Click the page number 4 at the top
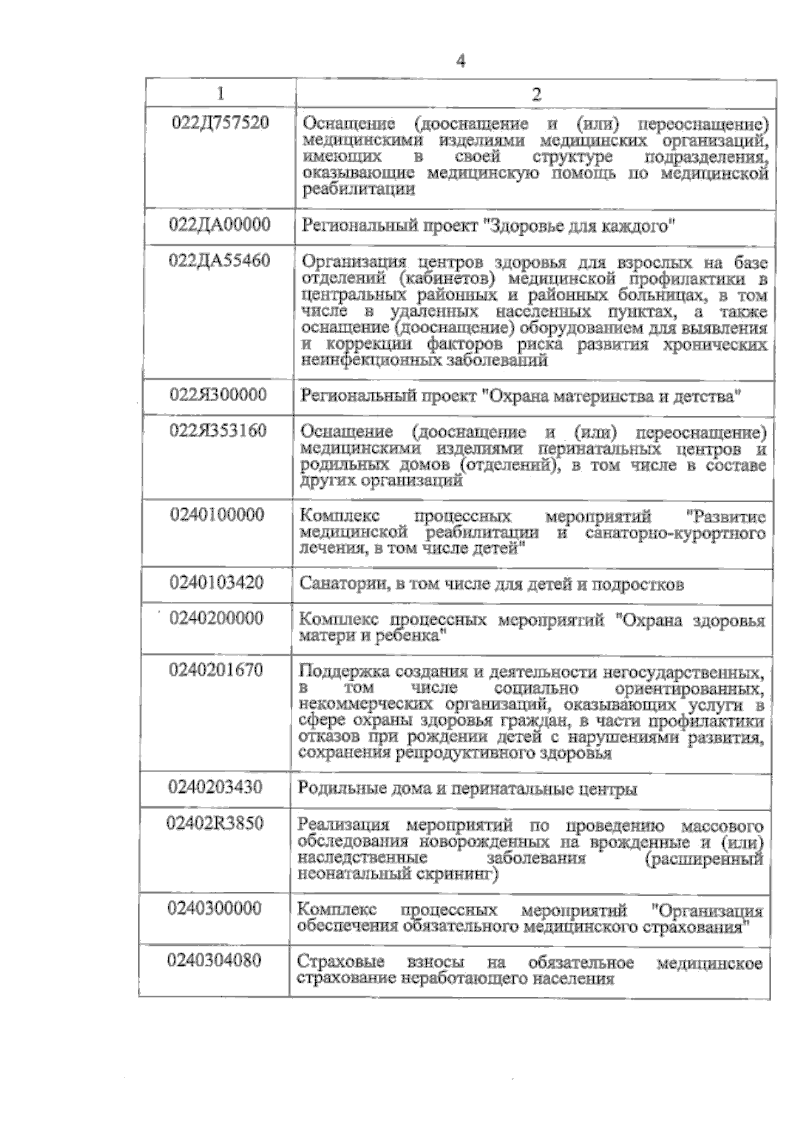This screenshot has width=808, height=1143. [x=461, y=62]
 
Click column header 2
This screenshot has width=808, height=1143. [x=537, y=94]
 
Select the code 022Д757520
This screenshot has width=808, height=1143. [x=221, y=123]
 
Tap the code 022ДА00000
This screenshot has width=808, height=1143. [x=220, y=224]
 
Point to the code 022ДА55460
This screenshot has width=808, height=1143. [x=220, y=261]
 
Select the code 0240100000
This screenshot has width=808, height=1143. [x=217, y=515]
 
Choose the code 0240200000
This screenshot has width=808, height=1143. [x=217, y=618]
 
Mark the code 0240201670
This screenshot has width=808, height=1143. [x=216, y=670]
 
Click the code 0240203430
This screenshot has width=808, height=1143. [x=216, y=786]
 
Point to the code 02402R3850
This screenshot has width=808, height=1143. [x=215, y=823]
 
